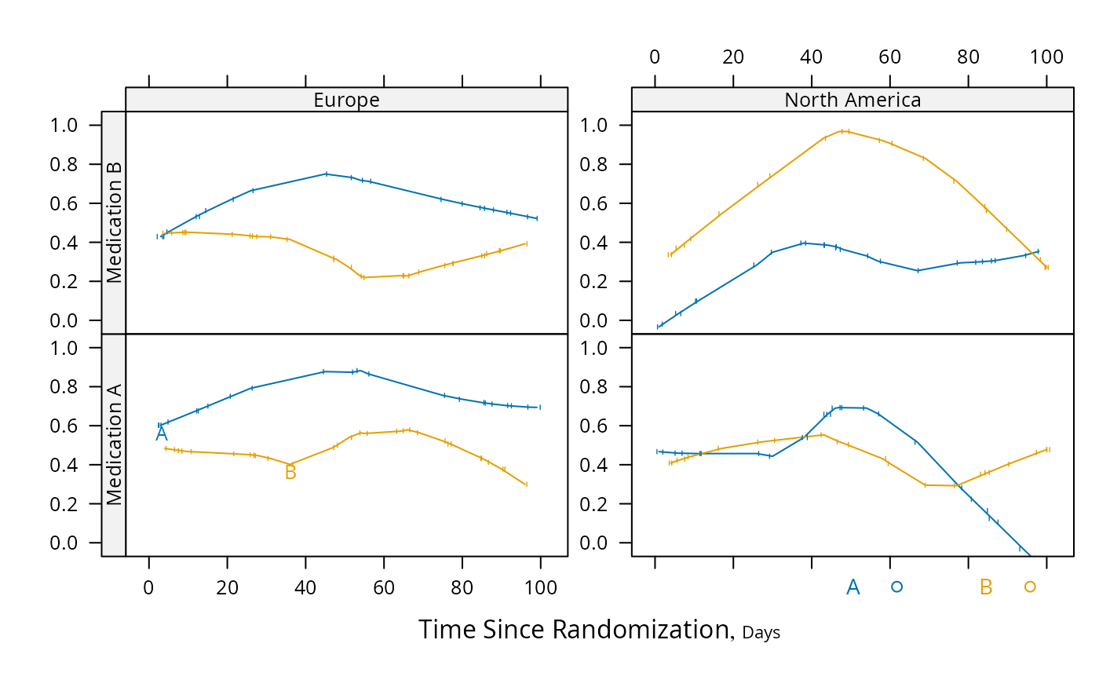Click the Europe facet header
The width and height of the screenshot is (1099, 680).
click(346, 100)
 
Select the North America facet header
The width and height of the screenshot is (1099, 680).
click(853, 100)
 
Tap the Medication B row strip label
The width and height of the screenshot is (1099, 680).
click(114, 222)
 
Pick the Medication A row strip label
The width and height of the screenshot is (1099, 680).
click(114, 444)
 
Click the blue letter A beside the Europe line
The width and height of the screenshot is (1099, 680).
click(161, 434)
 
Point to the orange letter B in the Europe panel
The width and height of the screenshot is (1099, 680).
click(290, 473)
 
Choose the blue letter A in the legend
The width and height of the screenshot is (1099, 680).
click(853, 587)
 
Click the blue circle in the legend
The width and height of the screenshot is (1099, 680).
click(896, 587)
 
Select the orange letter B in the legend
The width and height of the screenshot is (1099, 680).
click(986, 587)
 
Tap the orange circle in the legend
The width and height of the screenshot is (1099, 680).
click(1030, 587)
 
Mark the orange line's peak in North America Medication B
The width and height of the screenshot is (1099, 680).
click(844, 130)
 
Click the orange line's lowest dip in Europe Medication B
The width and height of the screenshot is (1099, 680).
click(363, 277)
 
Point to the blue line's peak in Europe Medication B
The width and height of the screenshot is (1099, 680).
click(327, 174)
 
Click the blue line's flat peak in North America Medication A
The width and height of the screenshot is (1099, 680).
click(852, 408)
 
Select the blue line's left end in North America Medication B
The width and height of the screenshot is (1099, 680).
click(659, 327)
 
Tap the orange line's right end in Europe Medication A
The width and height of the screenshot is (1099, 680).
click(526, 484)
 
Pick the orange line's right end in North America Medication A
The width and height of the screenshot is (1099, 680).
click(1048, 450)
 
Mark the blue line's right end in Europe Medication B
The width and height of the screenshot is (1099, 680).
click(537, 218)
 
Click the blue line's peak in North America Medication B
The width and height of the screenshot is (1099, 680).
click(804, 243)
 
